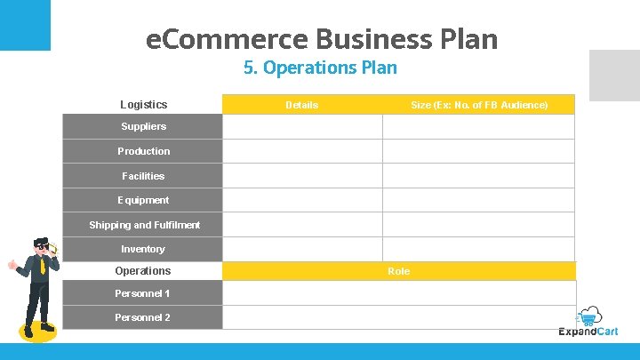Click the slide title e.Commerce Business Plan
(321, 39)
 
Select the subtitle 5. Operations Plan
(320, 68)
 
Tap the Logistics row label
(143, 105)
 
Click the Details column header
(301, 105)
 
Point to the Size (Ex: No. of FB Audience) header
(479, 105)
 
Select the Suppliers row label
(143, 126)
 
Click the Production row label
(143, 151)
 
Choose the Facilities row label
(143, 176)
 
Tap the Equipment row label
(143, 200)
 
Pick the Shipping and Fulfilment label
(144, 225)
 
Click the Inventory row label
(143, 249)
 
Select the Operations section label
(142, 271)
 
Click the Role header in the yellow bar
(398, 271)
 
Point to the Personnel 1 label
(142, 293)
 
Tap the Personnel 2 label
(142, 317)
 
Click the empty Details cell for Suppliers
(302, 127)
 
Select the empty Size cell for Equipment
(478, 200)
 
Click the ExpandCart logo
(588, 324)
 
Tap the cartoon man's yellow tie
(42, 266)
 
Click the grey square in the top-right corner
(615, 75)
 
